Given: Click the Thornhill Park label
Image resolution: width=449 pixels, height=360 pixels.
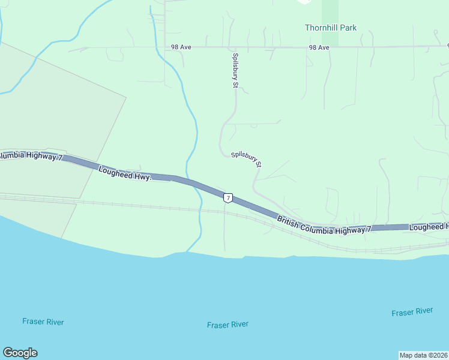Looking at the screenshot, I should (x=330, y=28).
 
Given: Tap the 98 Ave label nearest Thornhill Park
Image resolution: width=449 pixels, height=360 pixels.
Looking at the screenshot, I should (x=319, y=47).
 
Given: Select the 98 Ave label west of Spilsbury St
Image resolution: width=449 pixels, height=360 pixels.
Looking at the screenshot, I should (x=181, y=47).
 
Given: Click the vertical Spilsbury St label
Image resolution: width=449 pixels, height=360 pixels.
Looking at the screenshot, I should (x=235, y=71).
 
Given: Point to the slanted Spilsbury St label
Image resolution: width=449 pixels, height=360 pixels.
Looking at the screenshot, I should (x=247, y=159).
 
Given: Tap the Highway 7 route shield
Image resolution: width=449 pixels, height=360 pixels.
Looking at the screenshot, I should (x=227, y=197).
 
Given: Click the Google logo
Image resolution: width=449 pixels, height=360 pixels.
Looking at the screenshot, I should (x=20, y=353).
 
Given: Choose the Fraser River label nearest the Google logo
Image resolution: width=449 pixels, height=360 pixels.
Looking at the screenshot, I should (x=43, y=322).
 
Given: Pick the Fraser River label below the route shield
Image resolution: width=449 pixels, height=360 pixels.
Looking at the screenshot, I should (x=228, y=325).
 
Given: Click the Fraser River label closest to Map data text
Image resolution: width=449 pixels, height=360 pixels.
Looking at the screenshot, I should (x=412, y=312).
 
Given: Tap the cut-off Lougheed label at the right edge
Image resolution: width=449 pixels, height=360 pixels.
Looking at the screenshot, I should (x=429, y=227).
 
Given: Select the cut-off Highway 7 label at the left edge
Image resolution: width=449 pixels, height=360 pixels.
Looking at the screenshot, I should (x=30, y=156).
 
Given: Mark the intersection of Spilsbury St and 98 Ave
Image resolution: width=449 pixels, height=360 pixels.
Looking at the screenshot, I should (x=235, y=47).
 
